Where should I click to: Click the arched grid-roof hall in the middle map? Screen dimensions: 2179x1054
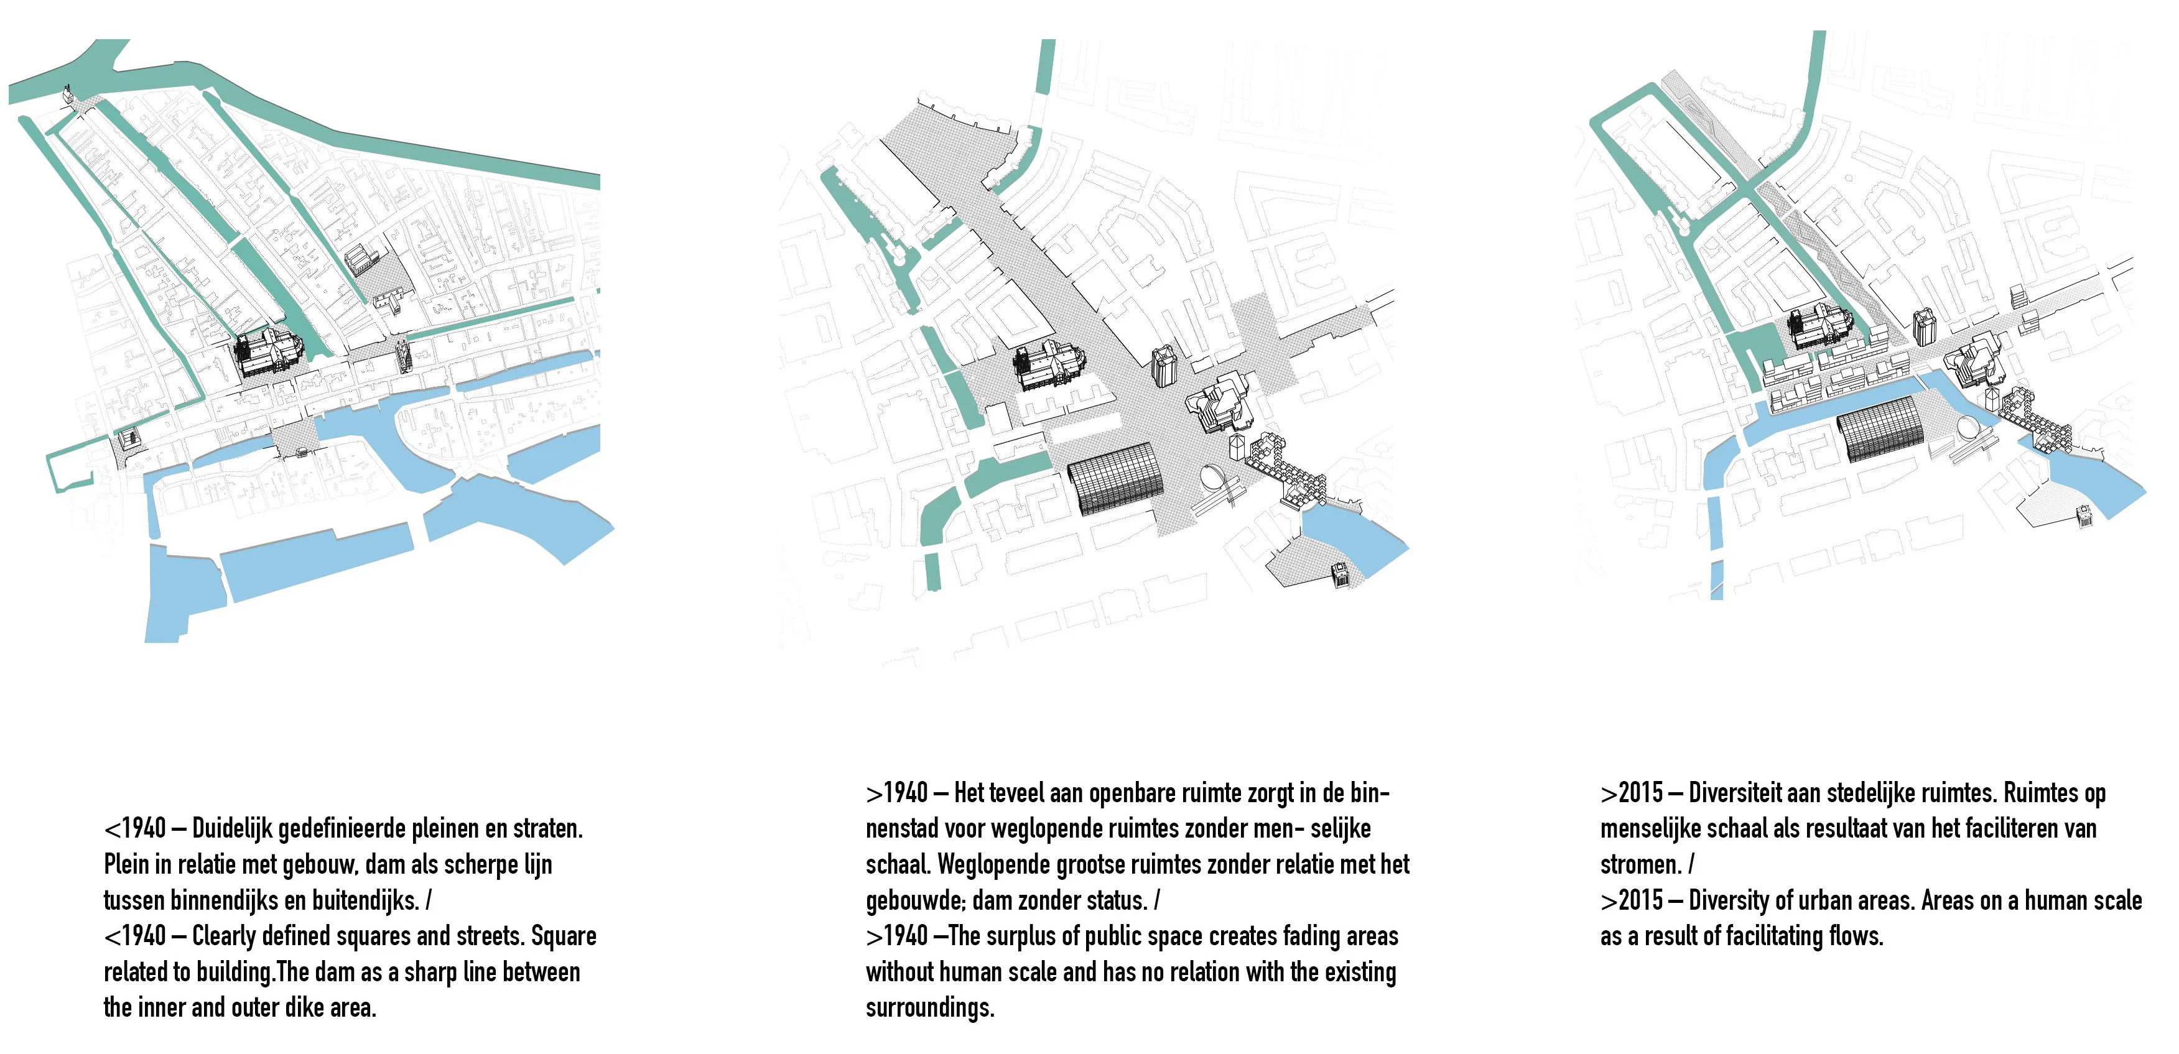(1115, 479)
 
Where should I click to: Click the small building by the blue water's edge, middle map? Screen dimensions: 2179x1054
(1340, 575)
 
